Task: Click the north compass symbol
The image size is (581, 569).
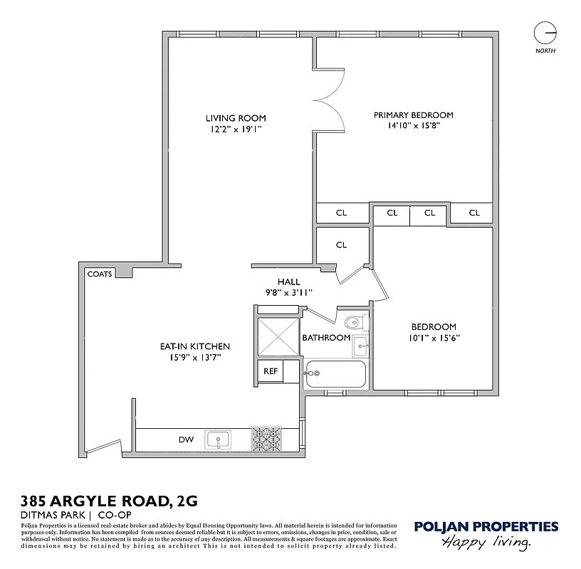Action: [545, 33]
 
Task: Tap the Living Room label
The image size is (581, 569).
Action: [236, 118]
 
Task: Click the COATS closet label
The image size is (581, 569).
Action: [99, 273]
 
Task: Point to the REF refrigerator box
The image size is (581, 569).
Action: [271, 371]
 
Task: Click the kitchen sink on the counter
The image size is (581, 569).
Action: [219, 440]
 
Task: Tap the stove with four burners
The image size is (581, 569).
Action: [266, 439]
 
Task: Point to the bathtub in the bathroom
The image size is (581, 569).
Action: [335, 374]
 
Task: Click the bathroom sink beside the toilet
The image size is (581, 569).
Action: [360, 347]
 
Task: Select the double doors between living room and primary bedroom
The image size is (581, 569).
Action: [330, 100]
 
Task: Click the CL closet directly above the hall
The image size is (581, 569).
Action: [341, 245]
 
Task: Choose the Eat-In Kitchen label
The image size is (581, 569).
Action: [194, 347]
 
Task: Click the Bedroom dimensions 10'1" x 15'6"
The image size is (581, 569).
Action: [434, 339]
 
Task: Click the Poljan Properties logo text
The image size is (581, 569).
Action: [486, 527]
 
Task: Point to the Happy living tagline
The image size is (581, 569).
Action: [486, 543]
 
